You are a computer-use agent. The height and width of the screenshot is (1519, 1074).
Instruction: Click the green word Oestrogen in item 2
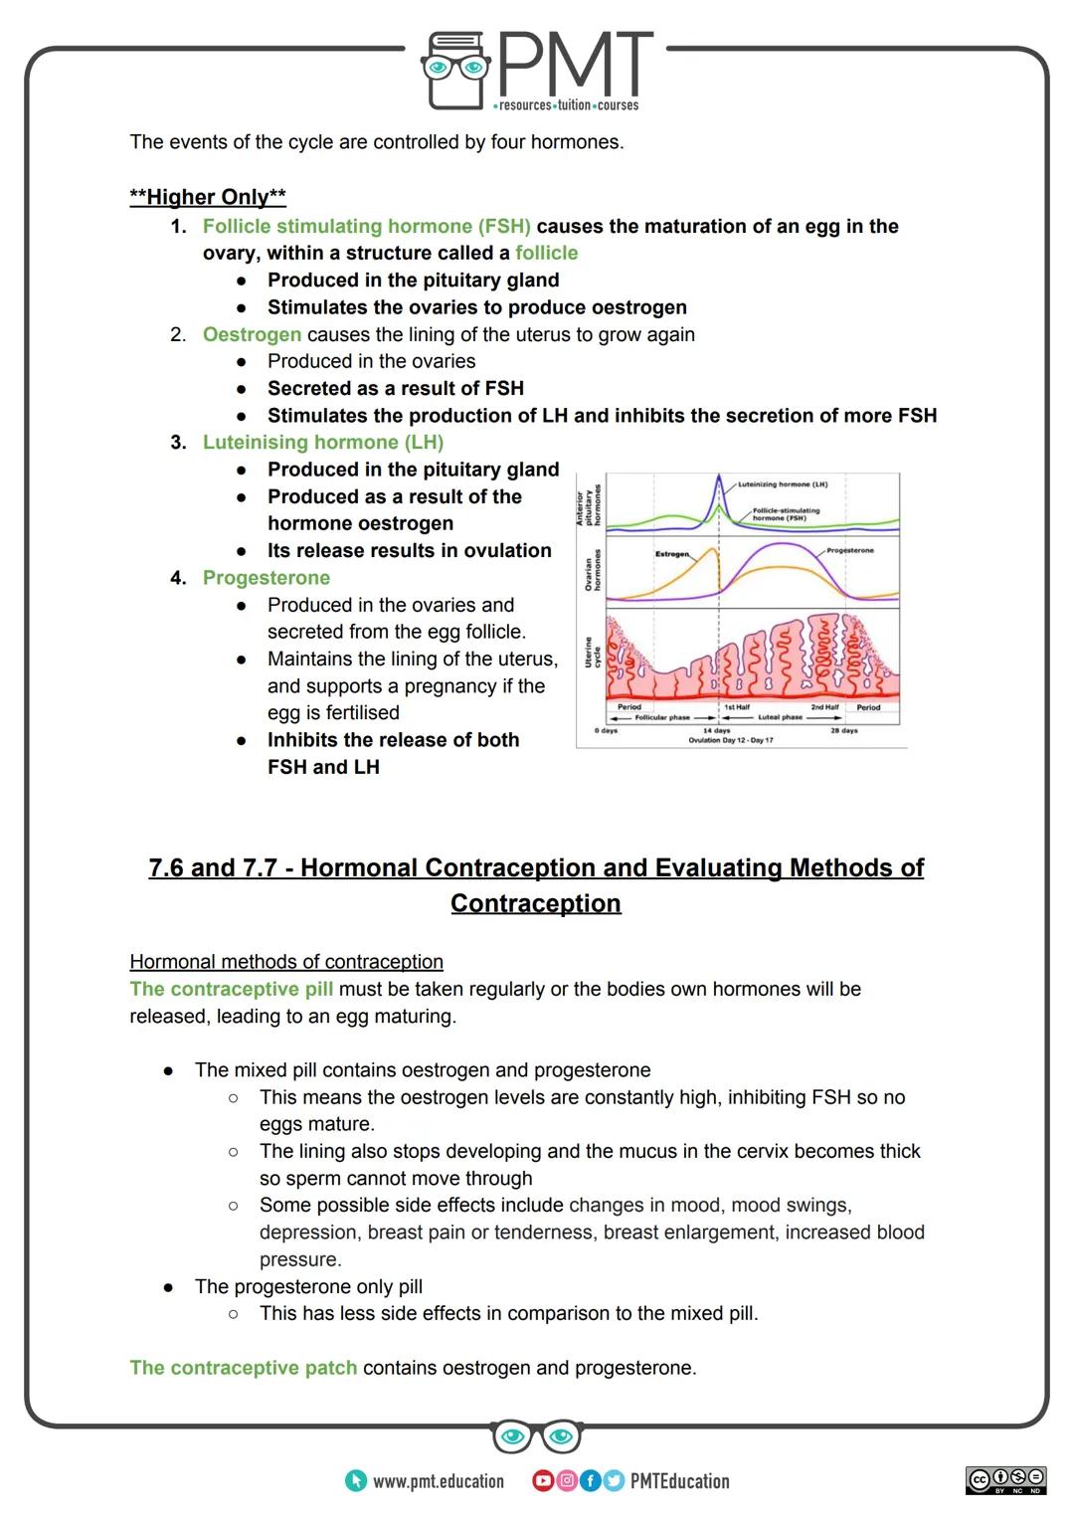pyautogui.click(x=252, y=334)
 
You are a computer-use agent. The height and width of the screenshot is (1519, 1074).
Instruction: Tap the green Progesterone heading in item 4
pyautogui.click(x=266, y=578)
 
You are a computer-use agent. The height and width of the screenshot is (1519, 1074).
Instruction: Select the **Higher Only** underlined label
pyautogui.click(x=208, y=197)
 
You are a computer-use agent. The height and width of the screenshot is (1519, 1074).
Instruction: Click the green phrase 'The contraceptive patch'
pyautogui.click(x=243, y=1368)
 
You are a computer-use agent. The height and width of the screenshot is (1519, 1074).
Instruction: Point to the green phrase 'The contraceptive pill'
pyautogui.click(x=231, y=989)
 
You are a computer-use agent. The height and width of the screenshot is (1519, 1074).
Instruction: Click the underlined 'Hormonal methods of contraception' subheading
pyautogui.click(x=286, y=962)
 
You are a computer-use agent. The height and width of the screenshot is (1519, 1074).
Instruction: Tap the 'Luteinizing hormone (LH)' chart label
pyautogui.click(x=782, y=484)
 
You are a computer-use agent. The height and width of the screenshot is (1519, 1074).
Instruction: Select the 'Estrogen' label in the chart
pyautogui.click(x=672, y=553)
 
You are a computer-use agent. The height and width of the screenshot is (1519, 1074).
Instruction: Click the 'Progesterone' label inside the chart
pyautogui.click(x=849, y=550)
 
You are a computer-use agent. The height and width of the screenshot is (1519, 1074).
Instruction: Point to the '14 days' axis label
pyautogui.click(x=716, y=730)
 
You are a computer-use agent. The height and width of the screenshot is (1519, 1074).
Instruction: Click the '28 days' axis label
pyautogui.click(x=843, y=730)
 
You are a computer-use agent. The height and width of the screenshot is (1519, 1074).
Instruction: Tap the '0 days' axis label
pyautogui.click(x=607, y=730)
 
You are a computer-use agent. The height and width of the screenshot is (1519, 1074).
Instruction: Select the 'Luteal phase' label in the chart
pyautogui.click(x=780, y=717)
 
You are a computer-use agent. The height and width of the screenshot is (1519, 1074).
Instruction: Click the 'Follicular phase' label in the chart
pyautogui.click(x=662, y=717)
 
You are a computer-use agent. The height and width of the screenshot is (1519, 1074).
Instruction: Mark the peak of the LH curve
pyautogui.click(x=719, y=476)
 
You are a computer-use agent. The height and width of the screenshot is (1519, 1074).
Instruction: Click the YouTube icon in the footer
pyautogui.click(x=543, y=1481)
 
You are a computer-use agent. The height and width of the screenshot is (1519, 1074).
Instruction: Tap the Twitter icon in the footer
pyautogui.click(x=613, y=1481)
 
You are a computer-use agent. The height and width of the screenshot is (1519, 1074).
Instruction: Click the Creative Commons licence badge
pyautogui.click(x=1005, y=1479)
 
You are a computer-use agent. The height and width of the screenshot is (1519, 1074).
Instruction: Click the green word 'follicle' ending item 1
pyautogui.click(x=546, y=253)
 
